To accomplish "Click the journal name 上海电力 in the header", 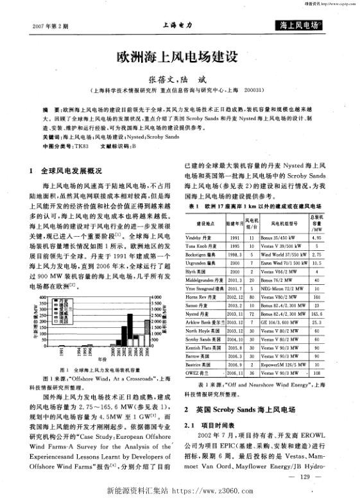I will point(178,25).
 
